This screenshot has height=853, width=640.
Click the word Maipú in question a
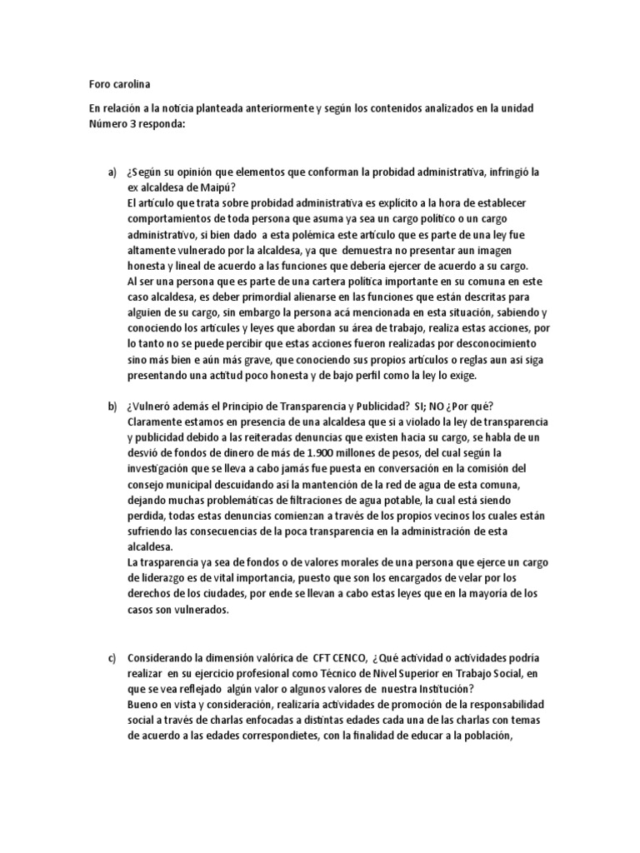(x=217, y=187)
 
